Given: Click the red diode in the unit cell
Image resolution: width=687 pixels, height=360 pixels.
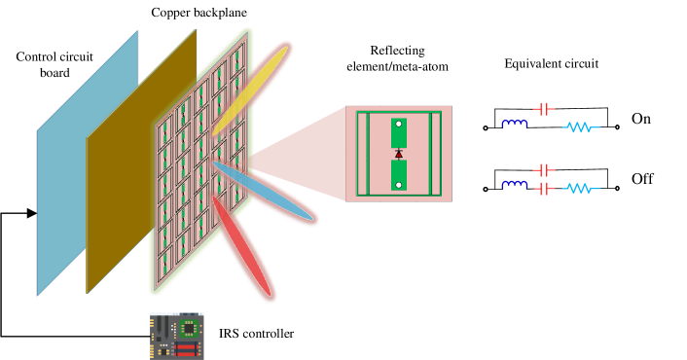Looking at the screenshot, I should point(399,154).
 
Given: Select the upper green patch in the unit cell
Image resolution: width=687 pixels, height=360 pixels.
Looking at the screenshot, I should point(399,133).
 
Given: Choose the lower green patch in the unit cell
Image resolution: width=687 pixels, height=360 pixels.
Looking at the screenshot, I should point(399,175).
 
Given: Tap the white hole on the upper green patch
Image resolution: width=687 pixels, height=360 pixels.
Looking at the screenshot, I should point(399,124).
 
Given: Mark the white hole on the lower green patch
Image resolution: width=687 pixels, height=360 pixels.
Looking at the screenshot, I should point(399,185).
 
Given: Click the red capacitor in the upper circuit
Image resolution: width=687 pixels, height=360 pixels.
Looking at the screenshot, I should point(544,109).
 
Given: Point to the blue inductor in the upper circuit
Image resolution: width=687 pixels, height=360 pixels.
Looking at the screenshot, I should point(515,125).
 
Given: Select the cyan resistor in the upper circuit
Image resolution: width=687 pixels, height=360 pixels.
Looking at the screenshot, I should point(581,126).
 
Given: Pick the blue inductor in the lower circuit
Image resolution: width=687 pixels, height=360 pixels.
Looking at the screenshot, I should point(515,185).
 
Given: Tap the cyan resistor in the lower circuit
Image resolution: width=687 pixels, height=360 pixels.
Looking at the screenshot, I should point(581,188).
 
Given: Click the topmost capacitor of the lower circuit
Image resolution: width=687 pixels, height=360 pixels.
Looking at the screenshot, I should point(544,170).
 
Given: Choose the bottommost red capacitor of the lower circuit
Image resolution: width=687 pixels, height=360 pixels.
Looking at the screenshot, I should point(544,189).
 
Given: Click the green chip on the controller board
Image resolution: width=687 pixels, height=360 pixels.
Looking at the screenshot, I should point(188,329).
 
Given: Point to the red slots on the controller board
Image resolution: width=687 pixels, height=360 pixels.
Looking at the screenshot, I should point(185,348).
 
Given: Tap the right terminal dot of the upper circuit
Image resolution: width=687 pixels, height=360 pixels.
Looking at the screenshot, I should point(617,126).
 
